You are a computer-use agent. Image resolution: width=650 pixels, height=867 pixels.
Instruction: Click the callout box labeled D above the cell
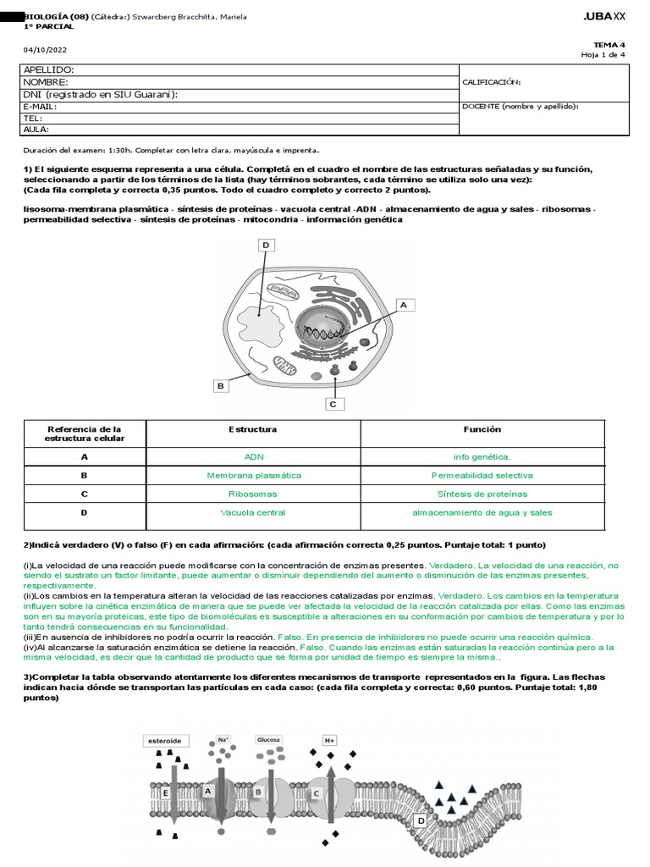[265, 246]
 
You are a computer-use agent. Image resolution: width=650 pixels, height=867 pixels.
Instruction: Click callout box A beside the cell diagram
[403, 304]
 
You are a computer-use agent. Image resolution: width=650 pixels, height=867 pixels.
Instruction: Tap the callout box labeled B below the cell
[220, 386]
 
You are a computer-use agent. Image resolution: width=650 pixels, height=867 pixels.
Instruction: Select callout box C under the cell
[333, 404]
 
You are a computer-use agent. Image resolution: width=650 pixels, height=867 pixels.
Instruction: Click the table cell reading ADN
[254, 456]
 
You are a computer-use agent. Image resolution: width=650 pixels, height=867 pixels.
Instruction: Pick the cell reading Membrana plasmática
[254, 475]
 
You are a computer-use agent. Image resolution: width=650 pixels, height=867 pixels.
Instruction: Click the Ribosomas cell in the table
[253, 494]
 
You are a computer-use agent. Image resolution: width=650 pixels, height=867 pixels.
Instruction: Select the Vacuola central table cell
[253, 512]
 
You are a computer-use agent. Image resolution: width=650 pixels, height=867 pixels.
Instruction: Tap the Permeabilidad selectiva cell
[482, 475]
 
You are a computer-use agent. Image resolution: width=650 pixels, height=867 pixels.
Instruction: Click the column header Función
[482, 429]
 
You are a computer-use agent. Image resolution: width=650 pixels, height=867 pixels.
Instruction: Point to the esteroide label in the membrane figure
[164, 740]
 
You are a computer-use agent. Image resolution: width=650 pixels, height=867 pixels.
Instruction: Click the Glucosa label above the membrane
[268, 739]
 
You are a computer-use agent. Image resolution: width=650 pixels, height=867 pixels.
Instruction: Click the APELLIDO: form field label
[48, 69]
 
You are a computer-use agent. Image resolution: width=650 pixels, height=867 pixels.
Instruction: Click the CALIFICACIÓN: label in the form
[492, 82]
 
